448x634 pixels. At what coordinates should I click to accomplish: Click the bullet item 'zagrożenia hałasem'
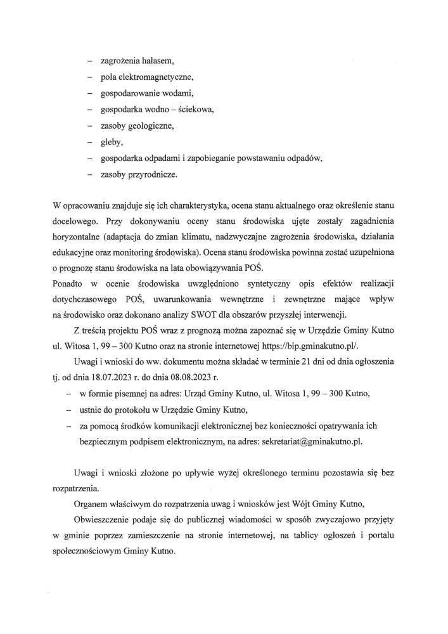(136, 61)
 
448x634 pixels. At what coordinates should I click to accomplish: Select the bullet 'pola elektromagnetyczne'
(146, 77)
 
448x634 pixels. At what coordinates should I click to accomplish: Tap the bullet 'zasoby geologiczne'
(136, 126)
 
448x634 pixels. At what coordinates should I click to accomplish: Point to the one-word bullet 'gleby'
(112, 141)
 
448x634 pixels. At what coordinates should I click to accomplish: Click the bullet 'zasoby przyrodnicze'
(139, 173)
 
